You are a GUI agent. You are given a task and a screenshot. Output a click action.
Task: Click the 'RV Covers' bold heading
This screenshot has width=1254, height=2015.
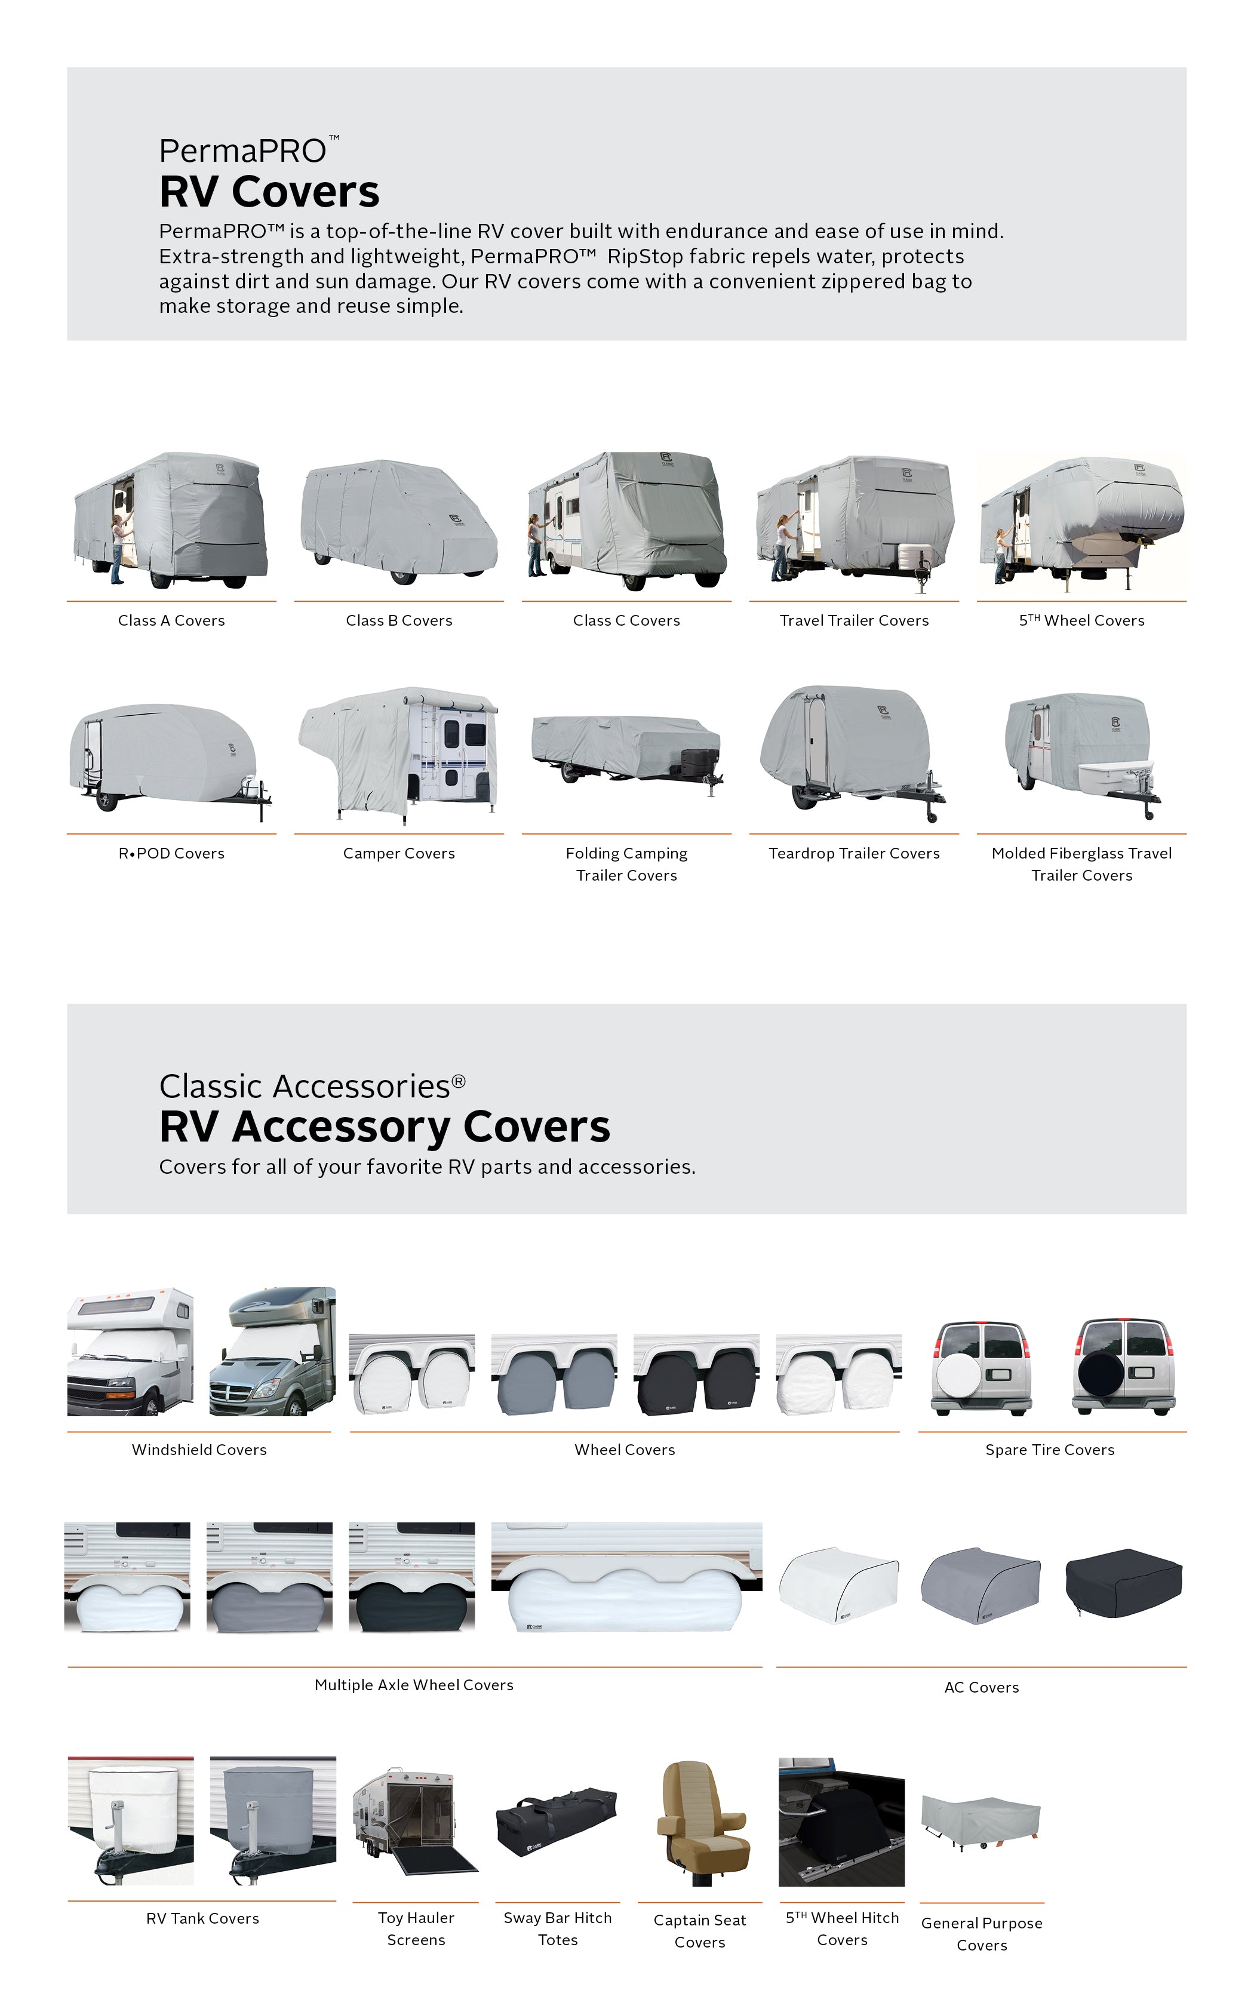point(269,192)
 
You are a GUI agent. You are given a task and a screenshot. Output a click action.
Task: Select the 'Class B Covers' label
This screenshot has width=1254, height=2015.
point(399,620)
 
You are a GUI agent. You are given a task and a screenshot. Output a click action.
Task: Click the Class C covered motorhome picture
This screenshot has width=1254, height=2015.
point(626,521)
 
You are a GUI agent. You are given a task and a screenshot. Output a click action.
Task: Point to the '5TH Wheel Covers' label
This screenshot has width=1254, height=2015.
point(1081,620)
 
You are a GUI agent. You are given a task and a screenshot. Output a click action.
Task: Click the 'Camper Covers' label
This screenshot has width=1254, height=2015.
point(399,853)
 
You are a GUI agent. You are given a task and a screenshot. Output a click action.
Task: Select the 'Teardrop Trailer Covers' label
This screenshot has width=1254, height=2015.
point(855,853)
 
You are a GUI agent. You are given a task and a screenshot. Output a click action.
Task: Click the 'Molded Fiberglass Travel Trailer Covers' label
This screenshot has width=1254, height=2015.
point(1081,864)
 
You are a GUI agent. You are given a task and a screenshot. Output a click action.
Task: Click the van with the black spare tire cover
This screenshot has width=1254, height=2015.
point(1124,1369)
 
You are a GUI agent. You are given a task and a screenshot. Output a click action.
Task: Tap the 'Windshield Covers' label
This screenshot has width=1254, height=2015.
point(199,1450)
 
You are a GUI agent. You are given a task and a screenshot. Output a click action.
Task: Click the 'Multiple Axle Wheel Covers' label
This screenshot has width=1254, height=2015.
point(414,1685)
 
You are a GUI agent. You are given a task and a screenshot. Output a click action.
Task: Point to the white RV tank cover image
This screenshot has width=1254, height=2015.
point(131,1820)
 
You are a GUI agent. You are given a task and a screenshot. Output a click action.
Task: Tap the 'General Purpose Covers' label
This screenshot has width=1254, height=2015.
point(982,1934)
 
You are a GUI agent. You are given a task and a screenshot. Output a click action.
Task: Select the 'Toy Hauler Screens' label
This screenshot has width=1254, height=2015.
point(416,1929)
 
